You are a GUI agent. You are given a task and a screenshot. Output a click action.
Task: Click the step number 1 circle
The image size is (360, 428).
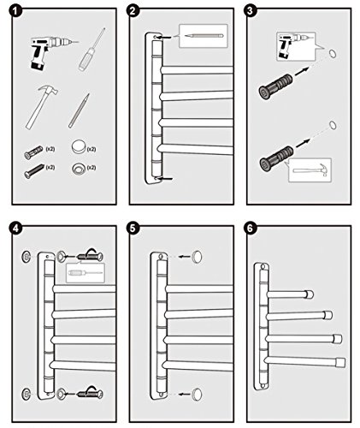coord(16,11)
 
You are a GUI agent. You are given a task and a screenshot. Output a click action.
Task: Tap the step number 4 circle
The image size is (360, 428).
coord(15,229)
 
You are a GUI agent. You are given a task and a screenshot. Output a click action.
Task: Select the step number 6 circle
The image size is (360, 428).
coord(250,229)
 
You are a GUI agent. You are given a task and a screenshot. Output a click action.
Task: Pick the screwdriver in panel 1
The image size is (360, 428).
coord(91,50)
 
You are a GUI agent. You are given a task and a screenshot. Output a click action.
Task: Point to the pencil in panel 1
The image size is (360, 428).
coord(79,110)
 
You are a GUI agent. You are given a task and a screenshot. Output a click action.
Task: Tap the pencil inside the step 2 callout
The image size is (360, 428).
coord(204,36)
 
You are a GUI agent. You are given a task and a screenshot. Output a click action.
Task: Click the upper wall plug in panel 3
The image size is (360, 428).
coord(275,86)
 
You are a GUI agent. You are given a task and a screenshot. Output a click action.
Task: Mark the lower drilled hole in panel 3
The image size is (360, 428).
coord(333,125)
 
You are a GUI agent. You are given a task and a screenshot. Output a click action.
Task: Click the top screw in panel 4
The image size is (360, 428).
coord(90,256)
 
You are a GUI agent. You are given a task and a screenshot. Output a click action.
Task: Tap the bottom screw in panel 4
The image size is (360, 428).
coord(90,394)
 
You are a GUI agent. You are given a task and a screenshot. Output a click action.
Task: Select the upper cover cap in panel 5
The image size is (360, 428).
coord(197,257)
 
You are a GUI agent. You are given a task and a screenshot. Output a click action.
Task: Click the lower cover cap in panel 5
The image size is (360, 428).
coord(197,394)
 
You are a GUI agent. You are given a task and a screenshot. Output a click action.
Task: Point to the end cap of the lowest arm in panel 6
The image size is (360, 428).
coord(340,362)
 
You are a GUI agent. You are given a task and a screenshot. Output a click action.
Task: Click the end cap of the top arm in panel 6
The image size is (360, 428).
coord(310,294)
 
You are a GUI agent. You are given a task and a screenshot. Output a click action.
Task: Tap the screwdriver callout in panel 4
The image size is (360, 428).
coord(86,273)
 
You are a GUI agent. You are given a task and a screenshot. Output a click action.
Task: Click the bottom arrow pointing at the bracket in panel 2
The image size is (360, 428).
coord(166,179)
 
